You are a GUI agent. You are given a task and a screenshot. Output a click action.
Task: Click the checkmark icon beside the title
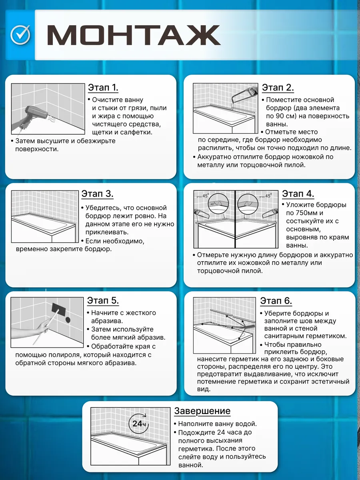pos(20,34)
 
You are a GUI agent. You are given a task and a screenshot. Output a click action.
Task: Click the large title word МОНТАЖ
pos(134,35)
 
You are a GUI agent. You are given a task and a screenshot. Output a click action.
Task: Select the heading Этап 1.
pos(103,88)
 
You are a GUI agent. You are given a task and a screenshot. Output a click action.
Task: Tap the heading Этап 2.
pos(278,88)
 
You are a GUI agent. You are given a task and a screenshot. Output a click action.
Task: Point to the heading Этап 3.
pos(97,194)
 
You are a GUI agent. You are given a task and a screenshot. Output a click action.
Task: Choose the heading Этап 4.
pos(298,194)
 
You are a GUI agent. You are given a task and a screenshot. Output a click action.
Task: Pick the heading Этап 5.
pos(103,300)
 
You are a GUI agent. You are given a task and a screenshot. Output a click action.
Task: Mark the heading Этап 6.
pos(276,301)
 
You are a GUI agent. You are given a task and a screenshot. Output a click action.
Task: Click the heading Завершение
pos(202,411)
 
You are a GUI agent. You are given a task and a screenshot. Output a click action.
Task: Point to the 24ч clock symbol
pos(138,424)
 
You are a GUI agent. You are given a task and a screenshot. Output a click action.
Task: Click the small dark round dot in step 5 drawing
pos(68,320)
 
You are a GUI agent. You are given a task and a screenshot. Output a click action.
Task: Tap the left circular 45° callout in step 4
pos(218,203)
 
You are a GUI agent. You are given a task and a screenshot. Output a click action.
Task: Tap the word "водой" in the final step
pos(246,424)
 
